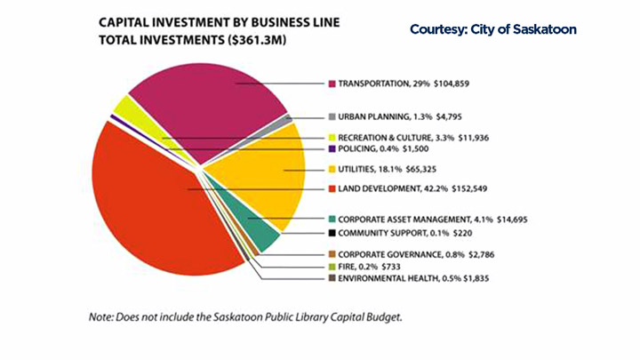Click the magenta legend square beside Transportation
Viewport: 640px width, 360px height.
tap(331, 84)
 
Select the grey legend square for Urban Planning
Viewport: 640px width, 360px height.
tap(331, 117)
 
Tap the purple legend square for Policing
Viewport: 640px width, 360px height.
tap(331, 151)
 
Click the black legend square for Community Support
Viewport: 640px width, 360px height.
tap(331, 234)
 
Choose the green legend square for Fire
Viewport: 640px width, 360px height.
tap(331, 267)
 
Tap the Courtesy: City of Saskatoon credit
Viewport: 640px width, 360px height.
tap(493, 30)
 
